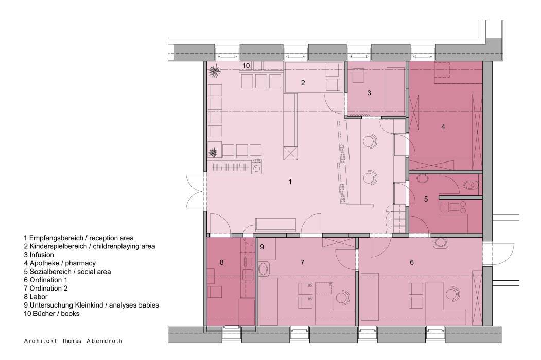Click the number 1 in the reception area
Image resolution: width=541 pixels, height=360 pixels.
click(290, 182)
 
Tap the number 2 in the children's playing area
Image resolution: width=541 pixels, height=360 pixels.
click(303, 83)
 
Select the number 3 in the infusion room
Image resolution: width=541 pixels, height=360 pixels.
click(369, 93)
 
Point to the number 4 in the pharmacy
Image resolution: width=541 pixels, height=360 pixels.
click(443, 127)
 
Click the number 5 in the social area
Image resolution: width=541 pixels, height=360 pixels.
click(426, 199)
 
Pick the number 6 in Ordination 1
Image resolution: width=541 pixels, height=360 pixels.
click(412, 262)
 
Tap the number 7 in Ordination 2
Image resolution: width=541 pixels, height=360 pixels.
click(302, 262)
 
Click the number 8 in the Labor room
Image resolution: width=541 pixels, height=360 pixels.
click(221, 262)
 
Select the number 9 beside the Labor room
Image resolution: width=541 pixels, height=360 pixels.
click(262, 247)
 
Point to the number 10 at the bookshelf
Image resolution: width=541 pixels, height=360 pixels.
click(246, 66)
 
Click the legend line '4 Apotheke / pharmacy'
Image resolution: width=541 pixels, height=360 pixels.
click(60, 263)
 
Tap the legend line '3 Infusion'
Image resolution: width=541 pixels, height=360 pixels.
click(39, 255)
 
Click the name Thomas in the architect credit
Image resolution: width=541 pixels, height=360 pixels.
click(72, 341)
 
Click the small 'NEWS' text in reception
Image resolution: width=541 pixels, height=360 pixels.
click(257, 161)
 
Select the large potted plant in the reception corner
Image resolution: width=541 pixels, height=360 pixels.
click(216, 71)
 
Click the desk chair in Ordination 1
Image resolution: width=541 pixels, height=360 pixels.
click(452, 294)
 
